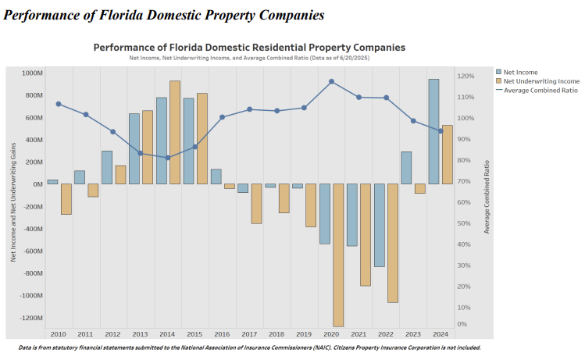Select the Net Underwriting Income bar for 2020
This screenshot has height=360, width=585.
pyautogui.click(x=338, y=255)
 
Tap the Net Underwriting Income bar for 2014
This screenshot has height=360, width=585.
pyautogui.click(x=175, y=132)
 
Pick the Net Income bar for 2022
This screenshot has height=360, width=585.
pyautogui.click(x=379, y=225)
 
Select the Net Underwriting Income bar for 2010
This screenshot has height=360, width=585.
pyautogui.click(x=66, y=199)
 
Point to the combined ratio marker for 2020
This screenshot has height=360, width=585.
pyautogui.click(x=332, y=81)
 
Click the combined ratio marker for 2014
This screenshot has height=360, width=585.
pyautogui.click(x=168, y=158)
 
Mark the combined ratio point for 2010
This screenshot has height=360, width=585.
pyautogui.click(x=59, y=104)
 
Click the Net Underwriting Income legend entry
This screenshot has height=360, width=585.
pyautogui.click(x=541, y=81)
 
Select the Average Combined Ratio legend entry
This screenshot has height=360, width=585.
pyautogui.click(x=540, y=90)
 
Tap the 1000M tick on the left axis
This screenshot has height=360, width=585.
pyautogui.click(x=32, y=73)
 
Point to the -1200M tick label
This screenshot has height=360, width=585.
pyautogui.click(x=31, y=318)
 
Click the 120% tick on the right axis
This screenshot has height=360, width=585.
pyautogui.click(x=466, y=77)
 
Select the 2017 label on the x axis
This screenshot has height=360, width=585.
pyautogui.click(x=249, y=333)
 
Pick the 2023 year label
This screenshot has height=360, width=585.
pyautogui.click(x=413, y=333)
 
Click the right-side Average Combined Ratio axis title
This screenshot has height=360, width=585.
pyautogui.click(x=487, y=197)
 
